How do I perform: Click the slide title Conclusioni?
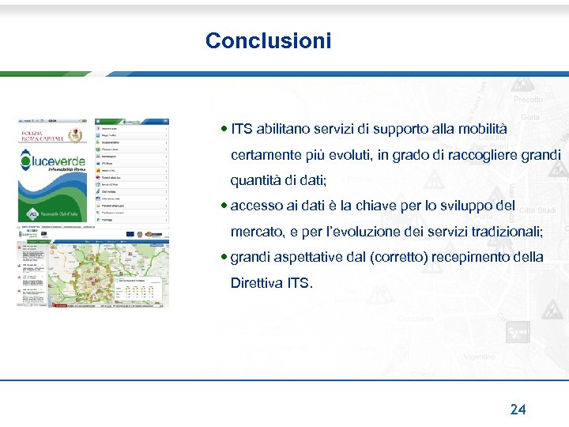click(x=268, y=41)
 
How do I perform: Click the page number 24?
click(x=518, y=409)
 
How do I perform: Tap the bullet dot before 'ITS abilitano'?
click(x=225, y=128)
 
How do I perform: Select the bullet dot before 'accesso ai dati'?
click(x=225, y=206)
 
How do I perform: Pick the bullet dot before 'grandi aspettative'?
click(x=225, y=257)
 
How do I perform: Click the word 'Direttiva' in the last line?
click(x=252, y=282)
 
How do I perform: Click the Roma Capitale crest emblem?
click(x=76, y=136)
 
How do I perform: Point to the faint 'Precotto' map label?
click(x=528, y=100)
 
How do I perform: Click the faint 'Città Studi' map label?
click(x=537, y=210)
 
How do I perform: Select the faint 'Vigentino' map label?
click(x=479, y=357)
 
